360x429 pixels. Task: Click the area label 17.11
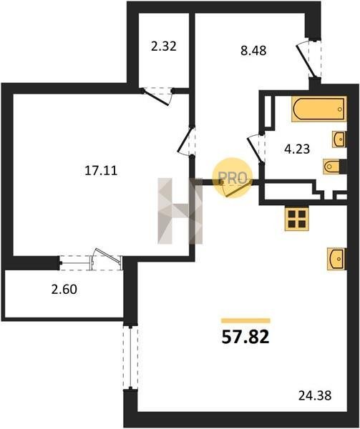pyautogui.click(x=101, y=171)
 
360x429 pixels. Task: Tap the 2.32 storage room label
pyautogui.click(x=163, y=46)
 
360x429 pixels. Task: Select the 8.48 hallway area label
pyautogui.click(x=253, y=51)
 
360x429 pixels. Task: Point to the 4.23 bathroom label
pyautogui.click(x=297, y=149)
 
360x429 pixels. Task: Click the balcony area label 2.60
pyautogui.click(x=64, y=289)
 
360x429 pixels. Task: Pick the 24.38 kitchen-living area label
pyautogui.click(x=315, y=395)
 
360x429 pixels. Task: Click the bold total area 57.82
pyautogui.click(x=245, y=337)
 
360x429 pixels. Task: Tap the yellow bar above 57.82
pyautogui.click(x=245, y=320)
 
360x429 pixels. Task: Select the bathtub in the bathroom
pyautogui.click(x=319, y=109)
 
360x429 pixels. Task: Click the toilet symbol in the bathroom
pyautogui.click(x=334, y=166)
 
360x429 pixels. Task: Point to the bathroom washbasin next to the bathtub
pyautogui.click(x=339, y=139)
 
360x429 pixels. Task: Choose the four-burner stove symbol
pyautogui.click(x=297, y=218)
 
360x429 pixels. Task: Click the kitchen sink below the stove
pyautogui.click(x=336, y=259)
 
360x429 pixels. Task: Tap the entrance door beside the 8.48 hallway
pyautogui.click(x=308, y=59)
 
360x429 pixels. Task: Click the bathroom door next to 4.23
pyautogui.click(x=256, y=149)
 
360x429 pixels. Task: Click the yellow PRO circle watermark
pyautogui.click(x=233, y=178)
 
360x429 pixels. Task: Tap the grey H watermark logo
pyautogui.click(x=180, y=211)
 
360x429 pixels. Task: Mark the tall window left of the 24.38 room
pyautogui.click(x=130, y=357)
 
